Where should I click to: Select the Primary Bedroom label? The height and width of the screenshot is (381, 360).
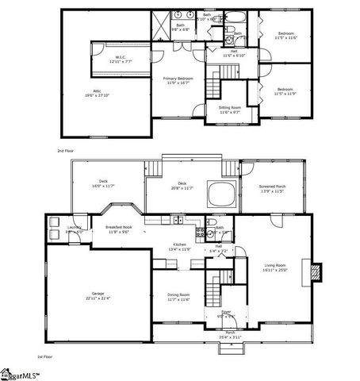click(x=180, y=80)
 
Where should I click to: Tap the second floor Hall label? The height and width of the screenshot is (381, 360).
click(x=235, y=54)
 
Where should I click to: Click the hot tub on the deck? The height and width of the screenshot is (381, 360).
click(x=220, y=192)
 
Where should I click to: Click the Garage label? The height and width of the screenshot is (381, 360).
click(x=96, y=296)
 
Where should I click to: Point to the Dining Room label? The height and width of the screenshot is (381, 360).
click(x=178, y=297)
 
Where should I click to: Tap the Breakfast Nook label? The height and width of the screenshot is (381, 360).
click(x=120, y=229)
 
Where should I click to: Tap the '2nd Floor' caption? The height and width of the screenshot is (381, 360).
click(x=64, y=149)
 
